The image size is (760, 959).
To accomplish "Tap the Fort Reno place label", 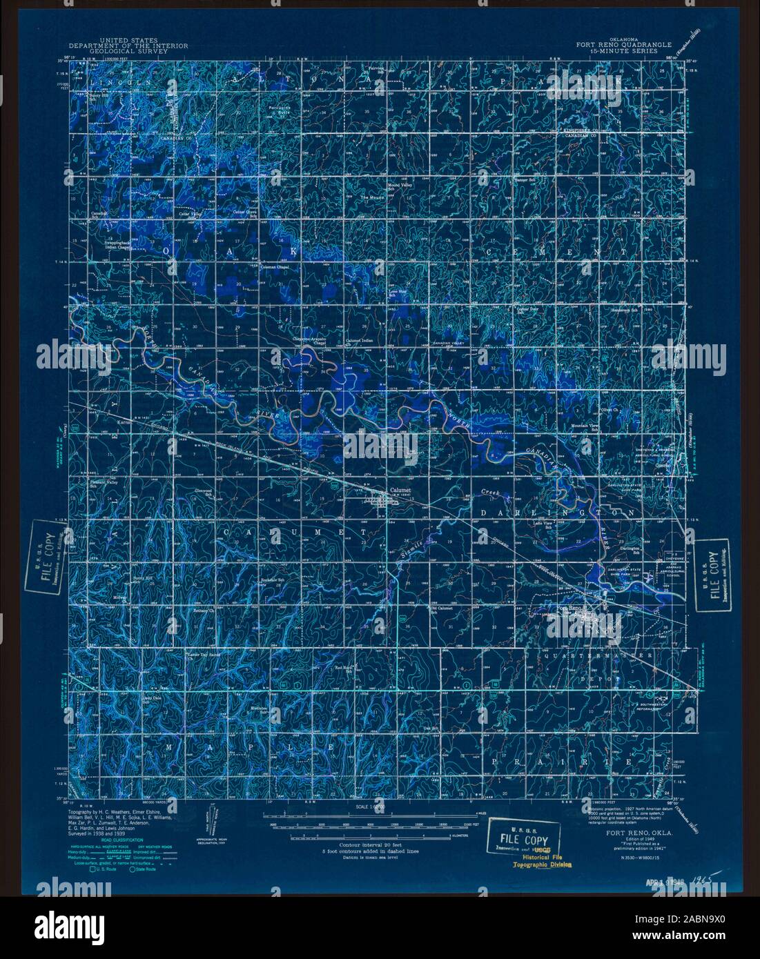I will point(570,607).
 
